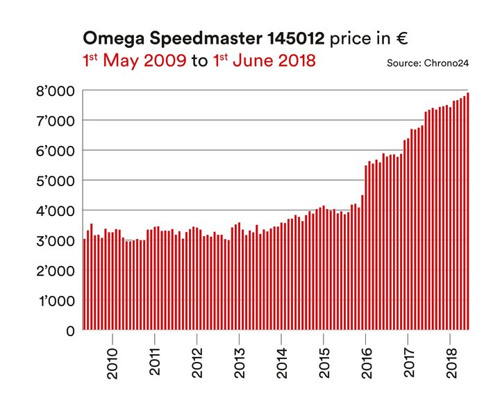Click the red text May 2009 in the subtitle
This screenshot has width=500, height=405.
coord(144,61)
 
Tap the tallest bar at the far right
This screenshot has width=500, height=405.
coord(468,212)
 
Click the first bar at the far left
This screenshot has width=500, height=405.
coord(85,285)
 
